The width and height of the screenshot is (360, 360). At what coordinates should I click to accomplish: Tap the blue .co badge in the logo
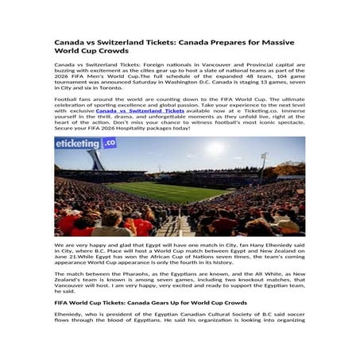pos(109,143)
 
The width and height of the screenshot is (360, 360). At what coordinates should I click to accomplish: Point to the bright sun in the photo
pos(215,148)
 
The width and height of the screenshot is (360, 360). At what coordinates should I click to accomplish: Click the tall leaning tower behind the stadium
pos(97,159)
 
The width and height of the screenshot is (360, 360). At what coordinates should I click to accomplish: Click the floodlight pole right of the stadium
pos(262,163)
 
